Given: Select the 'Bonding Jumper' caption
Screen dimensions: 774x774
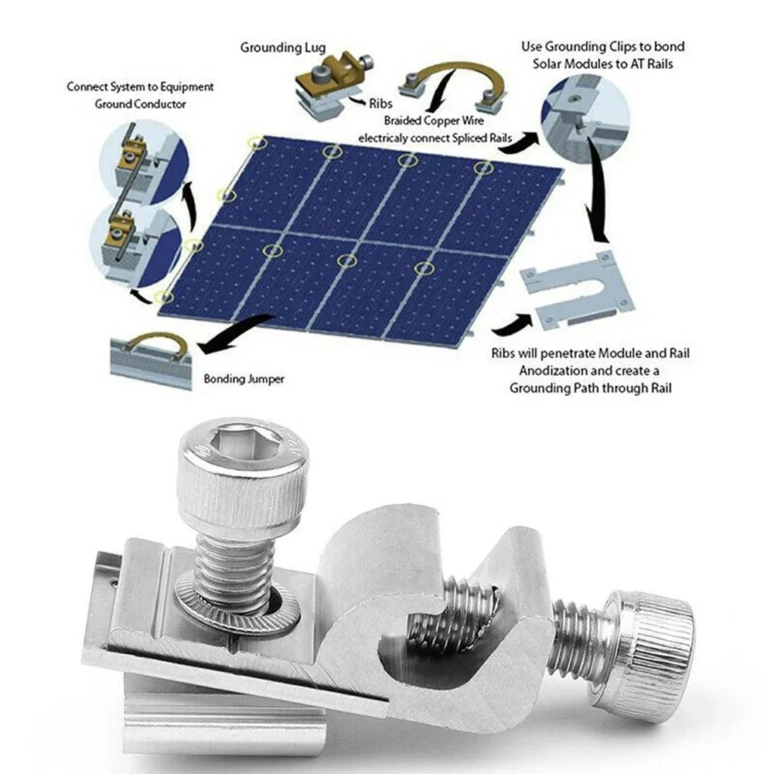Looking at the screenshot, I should pos(244,380).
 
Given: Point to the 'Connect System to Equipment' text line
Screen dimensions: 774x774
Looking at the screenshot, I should pos(140,87).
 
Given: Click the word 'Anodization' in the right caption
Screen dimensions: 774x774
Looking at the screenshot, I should pos(544,370).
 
